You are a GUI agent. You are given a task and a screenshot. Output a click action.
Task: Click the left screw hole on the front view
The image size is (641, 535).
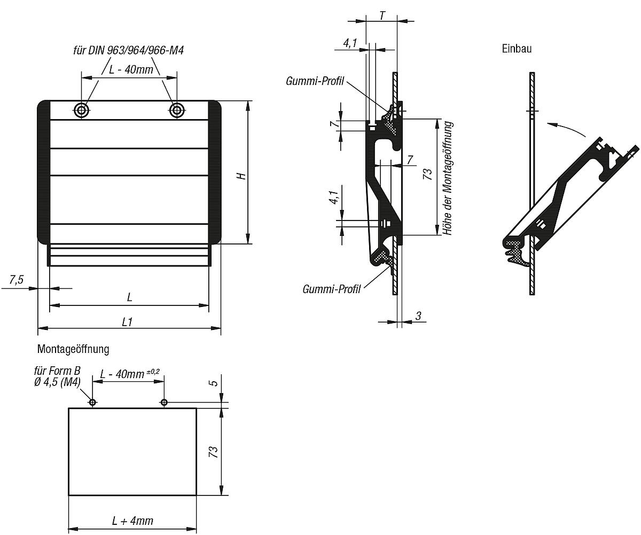point(82,111)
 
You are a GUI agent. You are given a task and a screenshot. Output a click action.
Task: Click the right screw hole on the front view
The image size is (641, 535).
point(176,111)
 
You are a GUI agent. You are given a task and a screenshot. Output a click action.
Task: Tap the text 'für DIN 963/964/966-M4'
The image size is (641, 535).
point(129,51)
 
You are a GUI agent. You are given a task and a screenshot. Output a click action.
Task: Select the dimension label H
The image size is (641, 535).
point(242,175)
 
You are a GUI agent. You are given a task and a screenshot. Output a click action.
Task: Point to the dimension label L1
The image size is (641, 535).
point(128,321)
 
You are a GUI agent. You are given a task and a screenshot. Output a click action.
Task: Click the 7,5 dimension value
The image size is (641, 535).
point(17,279)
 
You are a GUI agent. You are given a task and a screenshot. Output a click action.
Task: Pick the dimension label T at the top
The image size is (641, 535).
point(382,15)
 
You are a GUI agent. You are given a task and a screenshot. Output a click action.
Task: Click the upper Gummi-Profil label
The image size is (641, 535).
point(315,81)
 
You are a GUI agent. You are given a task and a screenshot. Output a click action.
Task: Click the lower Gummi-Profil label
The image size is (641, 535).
point(331,289)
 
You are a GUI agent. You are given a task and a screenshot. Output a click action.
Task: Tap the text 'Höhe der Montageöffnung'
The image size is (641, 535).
point(448,178)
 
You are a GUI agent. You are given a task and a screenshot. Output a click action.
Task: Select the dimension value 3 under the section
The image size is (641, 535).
point(418,316)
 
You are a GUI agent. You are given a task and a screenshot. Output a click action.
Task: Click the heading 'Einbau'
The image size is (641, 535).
point(517,49)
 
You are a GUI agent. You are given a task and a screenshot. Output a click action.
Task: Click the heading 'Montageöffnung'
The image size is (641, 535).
point(73,349)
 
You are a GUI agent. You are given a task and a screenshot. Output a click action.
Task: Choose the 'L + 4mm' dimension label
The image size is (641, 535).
point(132,521)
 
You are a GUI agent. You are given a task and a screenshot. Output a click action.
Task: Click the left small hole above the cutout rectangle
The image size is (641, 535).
point(92,402)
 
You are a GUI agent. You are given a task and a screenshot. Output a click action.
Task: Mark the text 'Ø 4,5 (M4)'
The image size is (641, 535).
point(57,382)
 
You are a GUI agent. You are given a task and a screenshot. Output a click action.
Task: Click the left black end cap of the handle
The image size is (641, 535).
point(43,171)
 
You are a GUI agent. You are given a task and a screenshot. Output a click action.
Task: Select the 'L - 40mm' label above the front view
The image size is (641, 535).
point(131,70)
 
